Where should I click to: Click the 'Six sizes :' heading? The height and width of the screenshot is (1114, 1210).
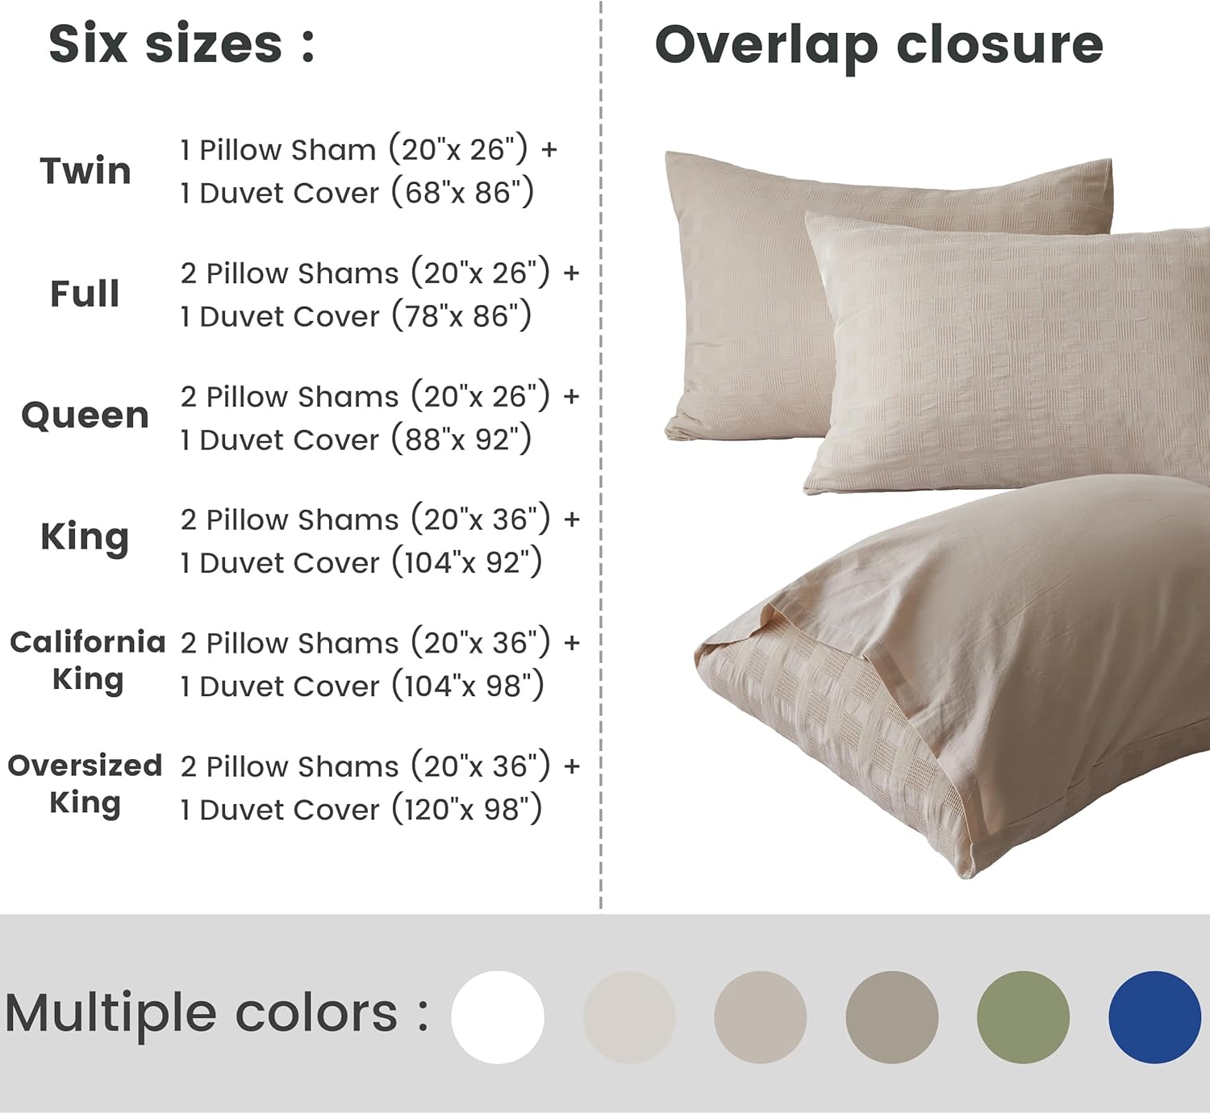pyautogui.click(x=181, y=44)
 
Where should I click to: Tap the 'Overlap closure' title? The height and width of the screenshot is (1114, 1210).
pyautogui.click(x=878, y=44)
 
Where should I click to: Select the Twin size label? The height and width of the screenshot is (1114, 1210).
pyautogui.click(x=86, y=171)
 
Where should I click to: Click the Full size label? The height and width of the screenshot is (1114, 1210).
pyautogui.click(x=85, y=294)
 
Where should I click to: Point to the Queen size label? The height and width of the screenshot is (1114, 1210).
pyautogui.click(x=85, y=415)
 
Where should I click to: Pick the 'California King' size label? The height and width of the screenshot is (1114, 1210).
pyautogui.click(x=87, y=660)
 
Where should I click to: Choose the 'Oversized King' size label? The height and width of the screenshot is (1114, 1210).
pyautogui.click(x=85, y=783)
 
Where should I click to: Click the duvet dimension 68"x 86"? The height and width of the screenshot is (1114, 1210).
pyautogui.click(x=463, y=193)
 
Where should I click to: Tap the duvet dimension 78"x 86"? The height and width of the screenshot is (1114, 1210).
pyautogui.click(x=462, y=316)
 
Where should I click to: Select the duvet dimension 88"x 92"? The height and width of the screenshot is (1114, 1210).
pyautogui.click(x=462, y=440)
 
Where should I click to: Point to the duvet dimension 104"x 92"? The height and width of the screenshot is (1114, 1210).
pyautogui.click(x=467, y=562)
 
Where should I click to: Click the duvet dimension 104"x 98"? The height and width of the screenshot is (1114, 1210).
pyautogui.click(x=468, y=686)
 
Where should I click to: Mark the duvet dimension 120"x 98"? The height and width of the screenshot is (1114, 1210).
pyautogui.click(x=467, y=809)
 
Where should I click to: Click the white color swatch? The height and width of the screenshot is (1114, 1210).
pyautogui.click(x=498, y=1017)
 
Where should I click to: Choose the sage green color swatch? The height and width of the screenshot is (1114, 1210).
pyautogui.click(x=1023, y=1017)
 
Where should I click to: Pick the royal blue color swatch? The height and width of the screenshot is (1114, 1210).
pyautogui.click(x=1154, y=1017)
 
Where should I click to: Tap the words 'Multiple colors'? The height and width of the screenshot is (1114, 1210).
pyautogui.click(x=202, y=1013)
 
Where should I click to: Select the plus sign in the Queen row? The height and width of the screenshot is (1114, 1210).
pyautogui.click(x=571, y=397)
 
